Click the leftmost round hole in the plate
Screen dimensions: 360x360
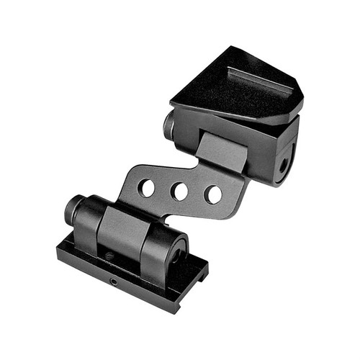click(x=146, y=189)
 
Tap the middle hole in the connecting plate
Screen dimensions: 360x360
click(x=180, y=192)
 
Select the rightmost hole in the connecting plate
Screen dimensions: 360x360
click(x=213, y=194)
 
